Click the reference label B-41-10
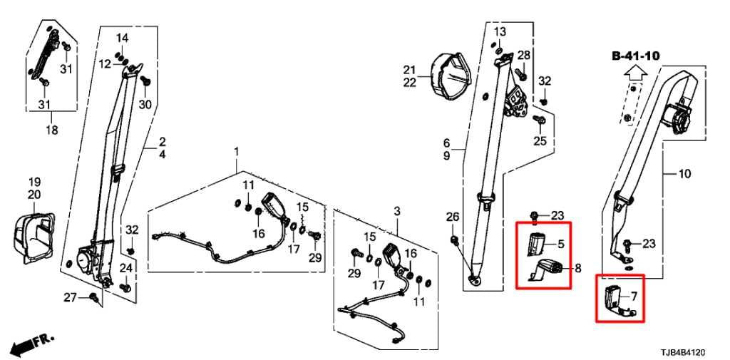pyautogui.click(x=635, y=56)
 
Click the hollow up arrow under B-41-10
pyautogui.click(x=635, y=72)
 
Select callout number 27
pyautogui.click(x=70, y=297)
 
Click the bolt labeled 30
pyautogui.click(x=144, y=81)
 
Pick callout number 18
pyautogui.click(x=51, y=130)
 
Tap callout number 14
pyautogui.click(x=122, y=37)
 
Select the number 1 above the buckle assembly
pyautogui.click(x=236, y=152)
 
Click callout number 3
pyautogui.click(x=396, y=212)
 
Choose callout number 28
pyautogui.click(x=524, y=55)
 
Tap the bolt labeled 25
pyautogui.click(x=540, y=120)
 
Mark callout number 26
pyautogui.click(x=453, y=217)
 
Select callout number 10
pyautogui.click(x=684, y=174)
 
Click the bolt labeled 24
pyautogui.click(x=125, y=287)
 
